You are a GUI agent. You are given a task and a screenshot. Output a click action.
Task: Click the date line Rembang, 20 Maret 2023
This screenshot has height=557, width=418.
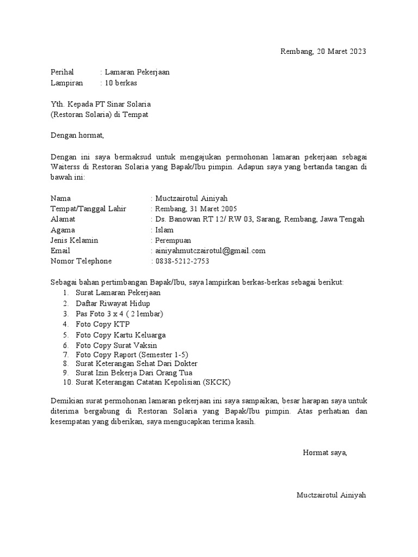pos(323,52)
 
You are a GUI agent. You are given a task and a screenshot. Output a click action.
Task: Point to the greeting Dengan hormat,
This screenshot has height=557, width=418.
pos(76,135)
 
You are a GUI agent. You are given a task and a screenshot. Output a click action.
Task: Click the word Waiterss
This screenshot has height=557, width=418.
pos(64,167)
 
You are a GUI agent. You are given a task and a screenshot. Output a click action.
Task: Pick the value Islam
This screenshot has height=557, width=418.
pos(164,230)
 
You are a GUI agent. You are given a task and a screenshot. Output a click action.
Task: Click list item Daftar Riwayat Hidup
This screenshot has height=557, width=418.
pos(113,304)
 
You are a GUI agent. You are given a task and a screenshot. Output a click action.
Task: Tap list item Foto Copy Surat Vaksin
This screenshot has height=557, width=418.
pos(116,345)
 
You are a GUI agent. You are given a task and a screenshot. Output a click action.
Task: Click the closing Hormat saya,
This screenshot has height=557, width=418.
pos(325,453)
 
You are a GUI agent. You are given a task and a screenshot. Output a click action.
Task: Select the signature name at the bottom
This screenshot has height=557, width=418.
pos(331,495)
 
